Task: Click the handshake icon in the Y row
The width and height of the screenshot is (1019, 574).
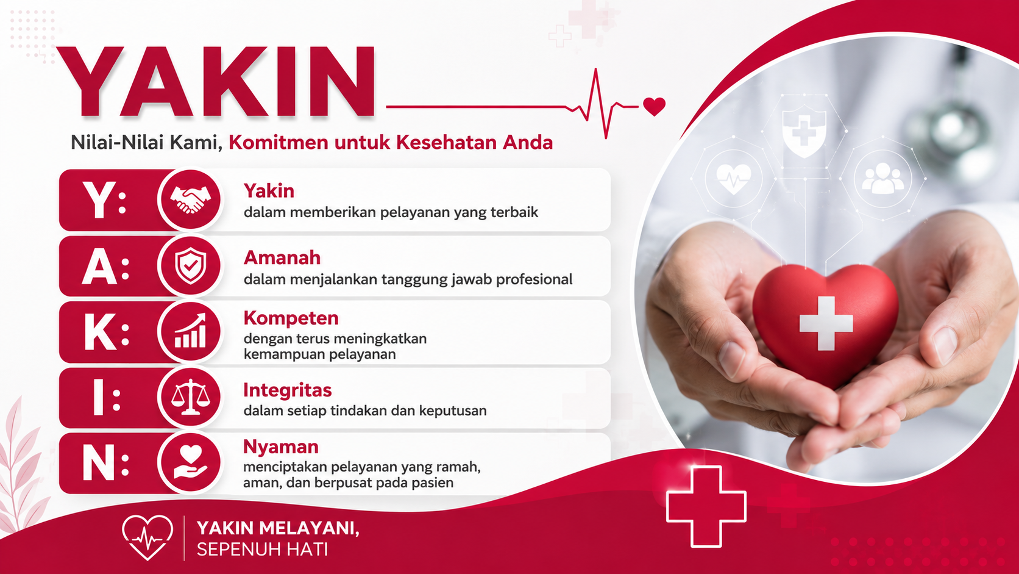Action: (x=190, y=199)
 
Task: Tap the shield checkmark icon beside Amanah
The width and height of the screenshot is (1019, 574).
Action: (x=191, y=266)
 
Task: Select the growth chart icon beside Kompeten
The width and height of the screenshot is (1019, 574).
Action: (x=190, y=331)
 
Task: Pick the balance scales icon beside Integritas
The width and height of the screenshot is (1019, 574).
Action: (x=191, y=397)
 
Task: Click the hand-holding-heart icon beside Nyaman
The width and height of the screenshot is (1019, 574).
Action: (x=191, y=462)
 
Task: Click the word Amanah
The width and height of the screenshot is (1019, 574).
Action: (x=282, y=257)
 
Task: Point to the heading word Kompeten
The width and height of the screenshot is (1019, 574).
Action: (x=291, y=318)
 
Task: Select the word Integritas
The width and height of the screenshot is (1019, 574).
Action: (x=288, y=390)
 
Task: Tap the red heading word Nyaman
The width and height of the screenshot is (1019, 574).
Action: (x=281, y=447)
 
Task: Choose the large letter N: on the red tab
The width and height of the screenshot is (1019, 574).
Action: (x=105, y=463)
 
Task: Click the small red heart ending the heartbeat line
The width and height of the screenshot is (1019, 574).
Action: (x=654, y=107)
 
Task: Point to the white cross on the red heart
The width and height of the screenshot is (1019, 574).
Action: (x=826, y=324)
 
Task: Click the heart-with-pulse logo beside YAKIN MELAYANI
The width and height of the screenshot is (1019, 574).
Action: (x=147, y=537)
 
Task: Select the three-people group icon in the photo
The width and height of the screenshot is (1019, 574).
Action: (x=882, y=179)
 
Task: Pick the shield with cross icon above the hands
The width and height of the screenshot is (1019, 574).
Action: (x=804, y=131)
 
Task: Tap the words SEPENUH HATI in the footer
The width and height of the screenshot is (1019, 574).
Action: (x=263, y=550)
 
